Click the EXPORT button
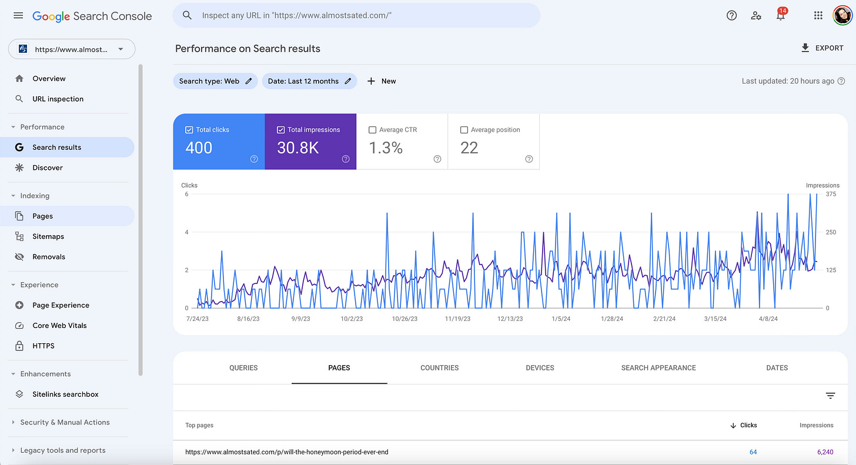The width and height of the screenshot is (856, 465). (822, 48)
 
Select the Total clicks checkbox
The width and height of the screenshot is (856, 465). (189, 130)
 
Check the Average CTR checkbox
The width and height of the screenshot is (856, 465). (373, 130)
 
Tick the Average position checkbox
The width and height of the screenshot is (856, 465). (464, 130)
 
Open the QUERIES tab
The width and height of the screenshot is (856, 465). (243, 368)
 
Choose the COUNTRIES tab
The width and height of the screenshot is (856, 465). (439, 368)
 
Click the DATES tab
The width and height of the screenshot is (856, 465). (777, 368)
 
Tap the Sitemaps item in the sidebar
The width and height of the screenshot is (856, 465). (48, 236)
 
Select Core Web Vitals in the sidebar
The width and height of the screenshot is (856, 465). (59, 326)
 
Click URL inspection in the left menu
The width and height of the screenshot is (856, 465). (58, 99)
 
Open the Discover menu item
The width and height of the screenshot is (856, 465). (48, 168)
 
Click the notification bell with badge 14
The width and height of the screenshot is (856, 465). (781, 16)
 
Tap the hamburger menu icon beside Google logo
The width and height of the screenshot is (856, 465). (18, 16)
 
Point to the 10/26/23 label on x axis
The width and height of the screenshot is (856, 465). (404, 319)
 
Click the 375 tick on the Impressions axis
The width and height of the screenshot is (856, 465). (831, 194)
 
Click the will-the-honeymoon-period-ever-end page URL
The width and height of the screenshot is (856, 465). (287, 452)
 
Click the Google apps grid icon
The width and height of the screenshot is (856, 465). (818, 16)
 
